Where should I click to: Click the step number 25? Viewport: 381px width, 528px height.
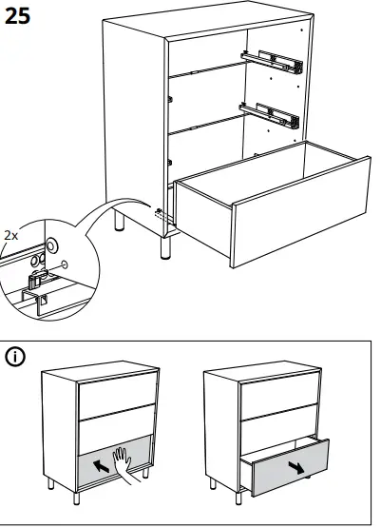coord(20,16)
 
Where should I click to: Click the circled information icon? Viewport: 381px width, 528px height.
coord(17,358)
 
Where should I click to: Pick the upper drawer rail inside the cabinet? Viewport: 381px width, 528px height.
coord(273,63)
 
